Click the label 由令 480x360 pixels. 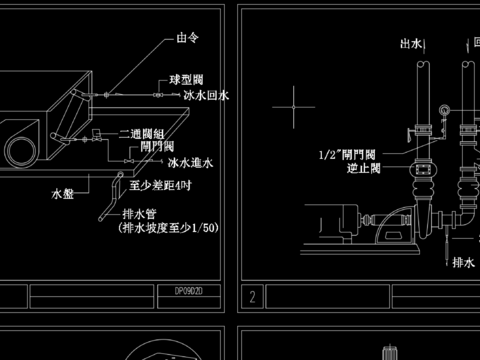click(x=187, y=39)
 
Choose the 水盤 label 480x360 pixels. click(x=63, y=193)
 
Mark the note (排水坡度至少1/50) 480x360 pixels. click(x=167, y=228)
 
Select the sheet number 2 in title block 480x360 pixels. click(x=254, y=296)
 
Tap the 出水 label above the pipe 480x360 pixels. click(x=411, y=44)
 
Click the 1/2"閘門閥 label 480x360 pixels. click(x=347, y=155)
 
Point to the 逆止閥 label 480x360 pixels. click(x=358, y=169)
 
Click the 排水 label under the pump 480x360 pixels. click(x=463, y=263)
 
